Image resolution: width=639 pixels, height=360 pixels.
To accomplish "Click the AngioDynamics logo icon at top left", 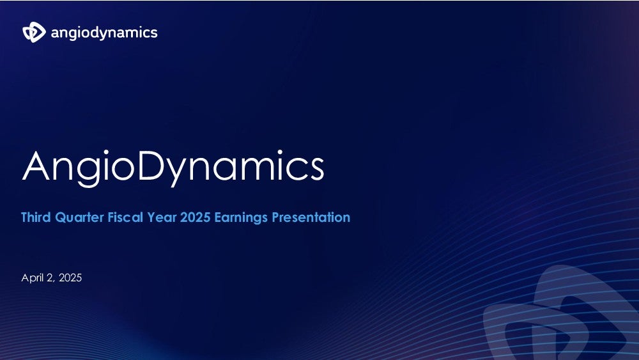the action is coord(35,32).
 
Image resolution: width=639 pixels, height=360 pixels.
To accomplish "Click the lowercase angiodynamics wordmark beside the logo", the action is coord(104,33).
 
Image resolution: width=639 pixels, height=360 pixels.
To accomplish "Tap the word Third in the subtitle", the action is coord(36,217).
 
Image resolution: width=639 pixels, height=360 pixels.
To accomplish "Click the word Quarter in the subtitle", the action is coord(79,217).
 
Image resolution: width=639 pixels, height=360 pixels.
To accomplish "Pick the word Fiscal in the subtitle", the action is coord(125,217).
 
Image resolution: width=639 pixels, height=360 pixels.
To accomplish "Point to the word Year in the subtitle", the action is coord(162,217).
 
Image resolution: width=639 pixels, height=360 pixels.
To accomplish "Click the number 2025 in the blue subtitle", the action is coord(195,217).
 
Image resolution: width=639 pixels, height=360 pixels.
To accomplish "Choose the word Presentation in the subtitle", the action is coord(311,217).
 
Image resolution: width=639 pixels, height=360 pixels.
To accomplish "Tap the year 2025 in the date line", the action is coord(70,278).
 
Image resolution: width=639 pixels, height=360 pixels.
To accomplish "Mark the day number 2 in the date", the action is coord(50,278).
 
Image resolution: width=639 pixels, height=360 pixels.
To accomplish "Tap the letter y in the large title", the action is coord(177,173).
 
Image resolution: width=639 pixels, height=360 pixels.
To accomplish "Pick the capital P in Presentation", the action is coord(275,217).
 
